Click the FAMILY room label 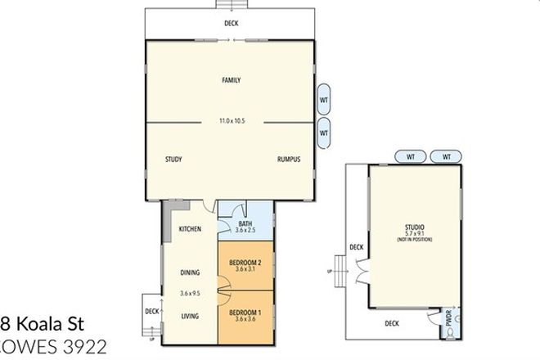[x=231, y=80]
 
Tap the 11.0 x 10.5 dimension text [x=232, y=121]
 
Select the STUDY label [x=173, y=160]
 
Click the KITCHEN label [x=190, y=229]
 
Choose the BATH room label [x=245, y=223]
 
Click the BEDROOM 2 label [x=246, y=261]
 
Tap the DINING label [x=191, y=274]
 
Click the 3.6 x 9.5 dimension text [x=191, y=293]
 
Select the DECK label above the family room [x=232, y=24]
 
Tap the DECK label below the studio [x=393, y=323]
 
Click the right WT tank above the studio [x=447, y=156]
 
